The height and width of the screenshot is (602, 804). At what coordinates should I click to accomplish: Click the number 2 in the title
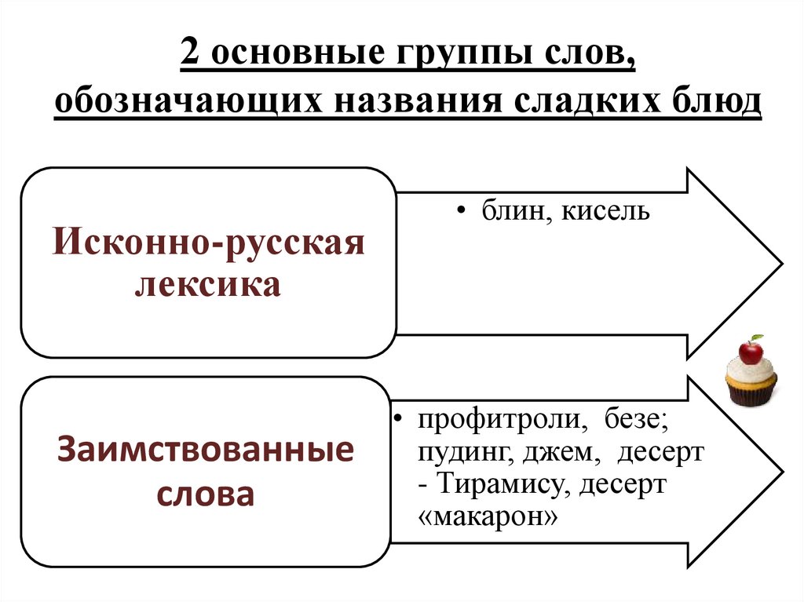click(x=191, y=56)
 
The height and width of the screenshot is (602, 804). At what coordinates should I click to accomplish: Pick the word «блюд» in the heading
click(x=715, y=103)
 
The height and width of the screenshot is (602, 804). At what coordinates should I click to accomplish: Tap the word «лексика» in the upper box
click(x=208, y=284)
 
